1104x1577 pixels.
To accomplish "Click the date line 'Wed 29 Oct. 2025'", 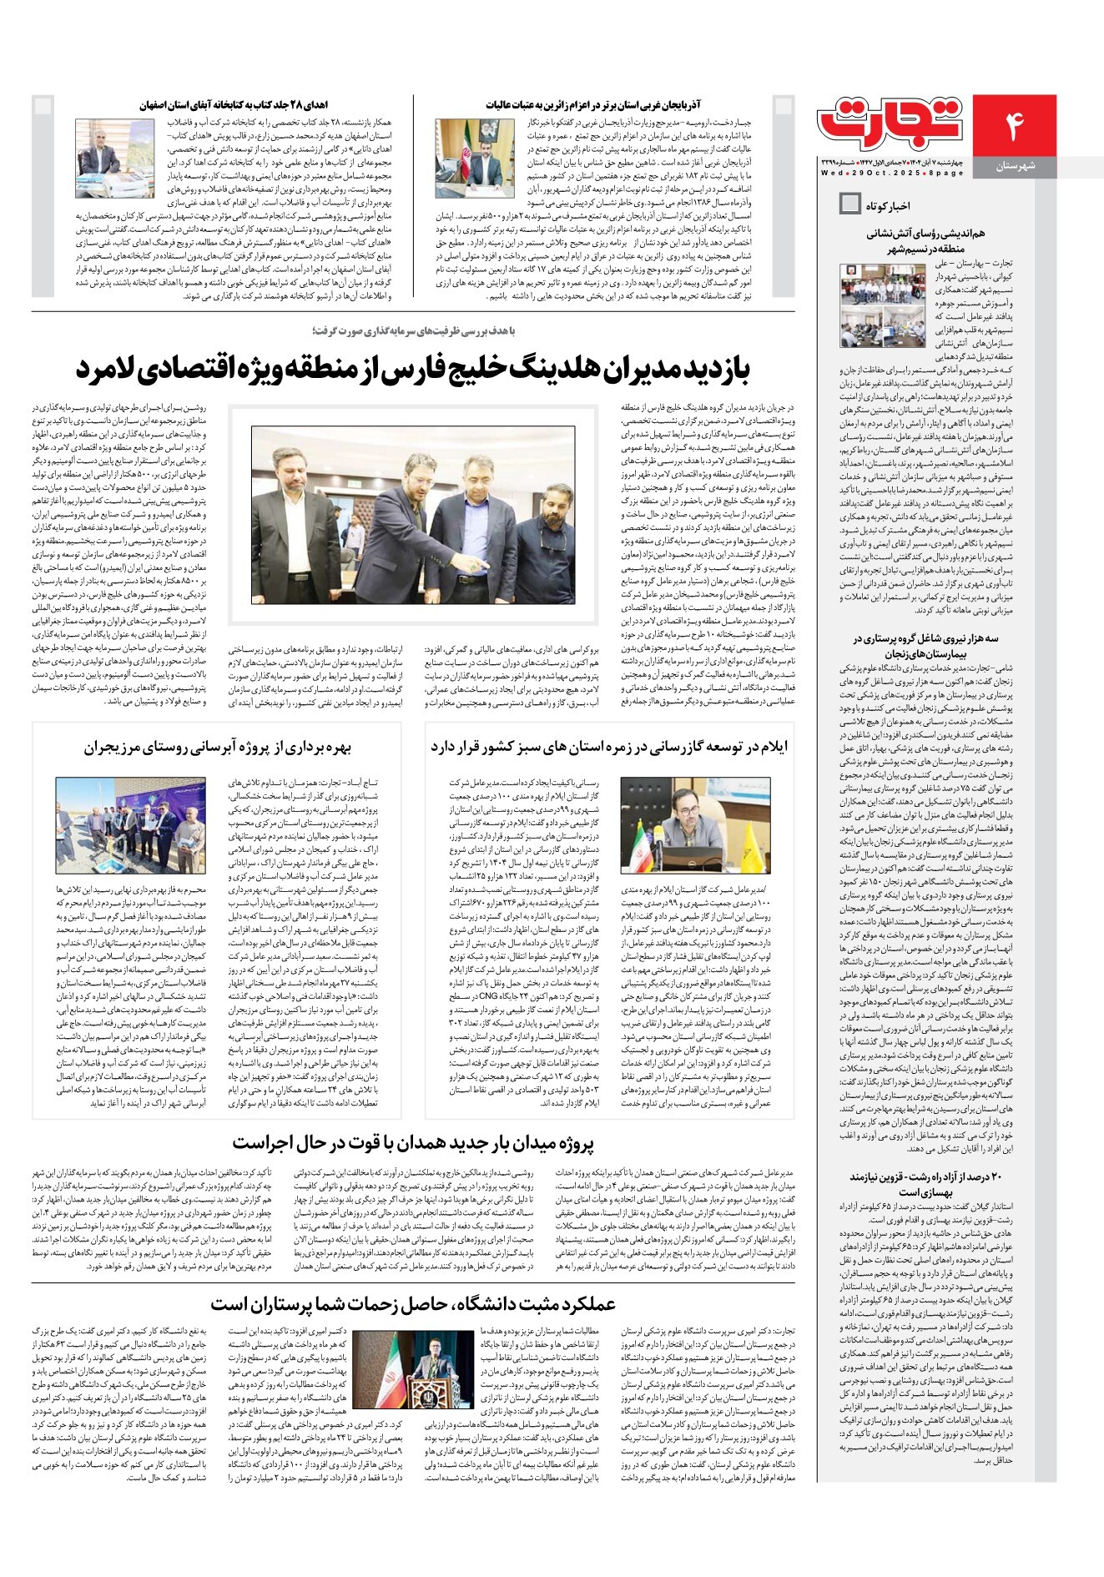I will pos(891,173).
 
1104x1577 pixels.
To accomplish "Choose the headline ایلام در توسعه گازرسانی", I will pos(609,747).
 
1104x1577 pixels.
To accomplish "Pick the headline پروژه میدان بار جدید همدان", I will pos(413,1144).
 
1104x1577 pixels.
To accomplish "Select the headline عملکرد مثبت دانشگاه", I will pos(413,1304).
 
